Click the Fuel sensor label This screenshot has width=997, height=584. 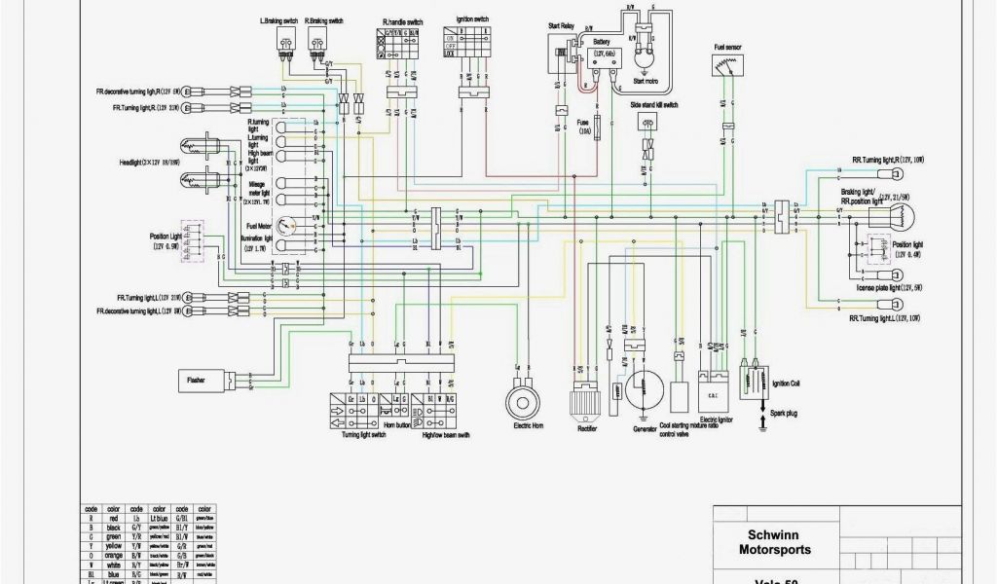726,46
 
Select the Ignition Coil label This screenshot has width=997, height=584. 786,383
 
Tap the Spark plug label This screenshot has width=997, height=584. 784,414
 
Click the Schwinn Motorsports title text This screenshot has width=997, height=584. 778,542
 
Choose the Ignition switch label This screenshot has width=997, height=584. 472,18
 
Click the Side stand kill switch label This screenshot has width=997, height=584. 653,104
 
